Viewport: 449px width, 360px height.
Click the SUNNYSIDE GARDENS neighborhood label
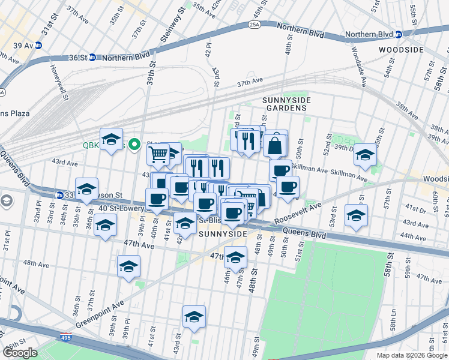tap(285, 103)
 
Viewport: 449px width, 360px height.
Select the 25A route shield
tap(254, 25)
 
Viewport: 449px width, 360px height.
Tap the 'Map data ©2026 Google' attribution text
tap(412, 355)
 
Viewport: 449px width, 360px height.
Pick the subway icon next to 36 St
tap(92, 58)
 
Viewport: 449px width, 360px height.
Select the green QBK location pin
tap(136, 144)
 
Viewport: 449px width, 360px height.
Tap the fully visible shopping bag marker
tap(276, 145)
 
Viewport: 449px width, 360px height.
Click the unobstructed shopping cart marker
tap(158, 154)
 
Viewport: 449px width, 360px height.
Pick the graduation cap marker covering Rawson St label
tap(86, 188)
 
